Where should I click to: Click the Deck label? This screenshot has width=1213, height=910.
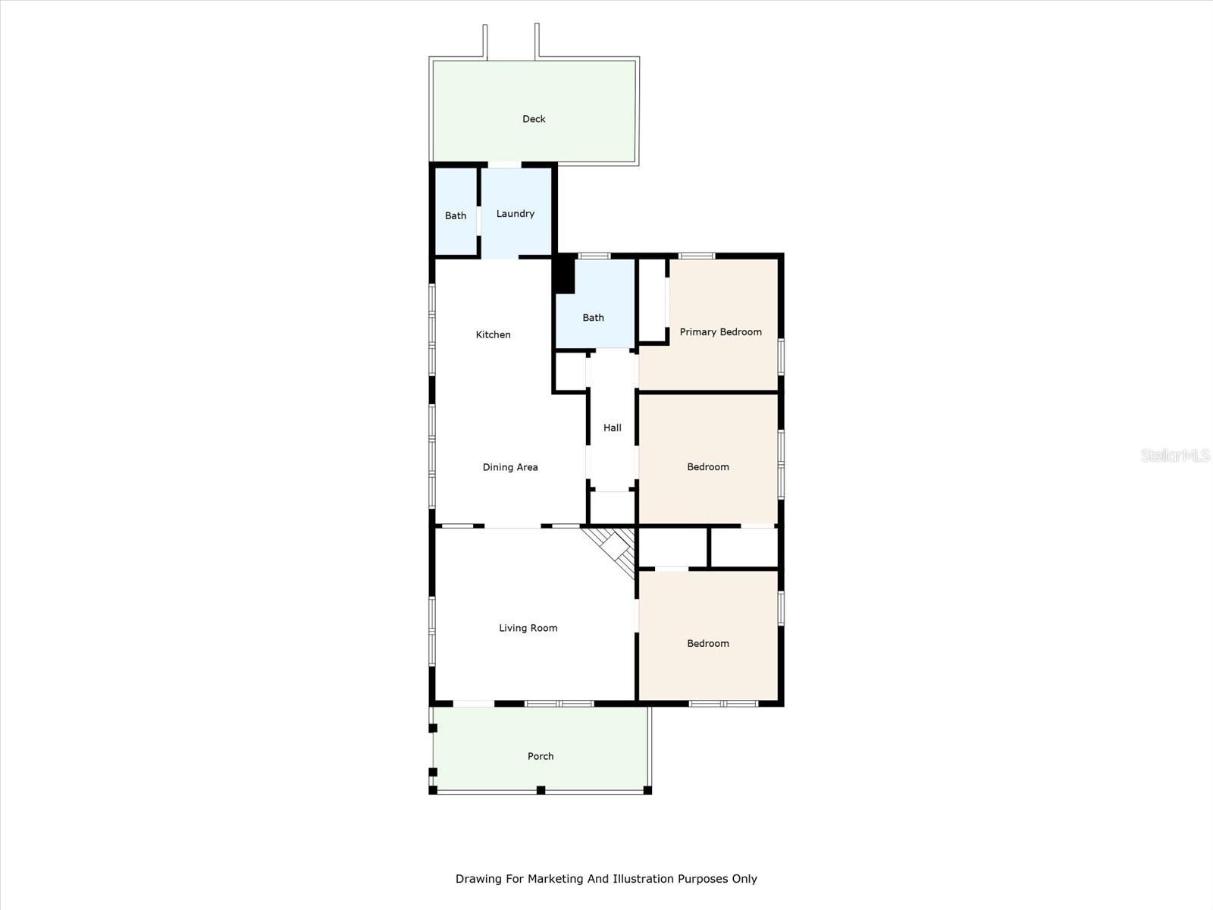[534, 119]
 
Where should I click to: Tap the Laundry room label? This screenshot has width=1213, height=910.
[515, 214]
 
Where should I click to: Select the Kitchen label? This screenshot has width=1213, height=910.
[493, 334]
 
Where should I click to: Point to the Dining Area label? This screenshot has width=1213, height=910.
[510, 467]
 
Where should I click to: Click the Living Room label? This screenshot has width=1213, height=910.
[528, 628]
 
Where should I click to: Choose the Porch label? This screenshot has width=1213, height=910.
[541, 756]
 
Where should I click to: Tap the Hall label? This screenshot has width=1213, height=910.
[613, 427]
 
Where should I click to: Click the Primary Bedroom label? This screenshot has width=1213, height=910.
[721, 331]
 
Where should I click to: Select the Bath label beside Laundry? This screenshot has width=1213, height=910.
[456, 215]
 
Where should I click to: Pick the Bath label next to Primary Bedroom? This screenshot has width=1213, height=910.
[593, 318]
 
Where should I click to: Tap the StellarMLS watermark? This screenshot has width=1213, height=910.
[1174, 455]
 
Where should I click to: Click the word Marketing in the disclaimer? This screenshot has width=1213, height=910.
[554, 879]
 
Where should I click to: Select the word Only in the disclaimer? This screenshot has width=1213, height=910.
[744, 878]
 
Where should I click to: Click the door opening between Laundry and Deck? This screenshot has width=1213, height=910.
[504, 164]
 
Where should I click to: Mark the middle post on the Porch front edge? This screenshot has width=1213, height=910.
[541, 790]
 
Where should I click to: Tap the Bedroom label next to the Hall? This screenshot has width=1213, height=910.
[708, 467]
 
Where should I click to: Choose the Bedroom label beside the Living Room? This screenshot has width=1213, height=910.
[708, 643]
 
